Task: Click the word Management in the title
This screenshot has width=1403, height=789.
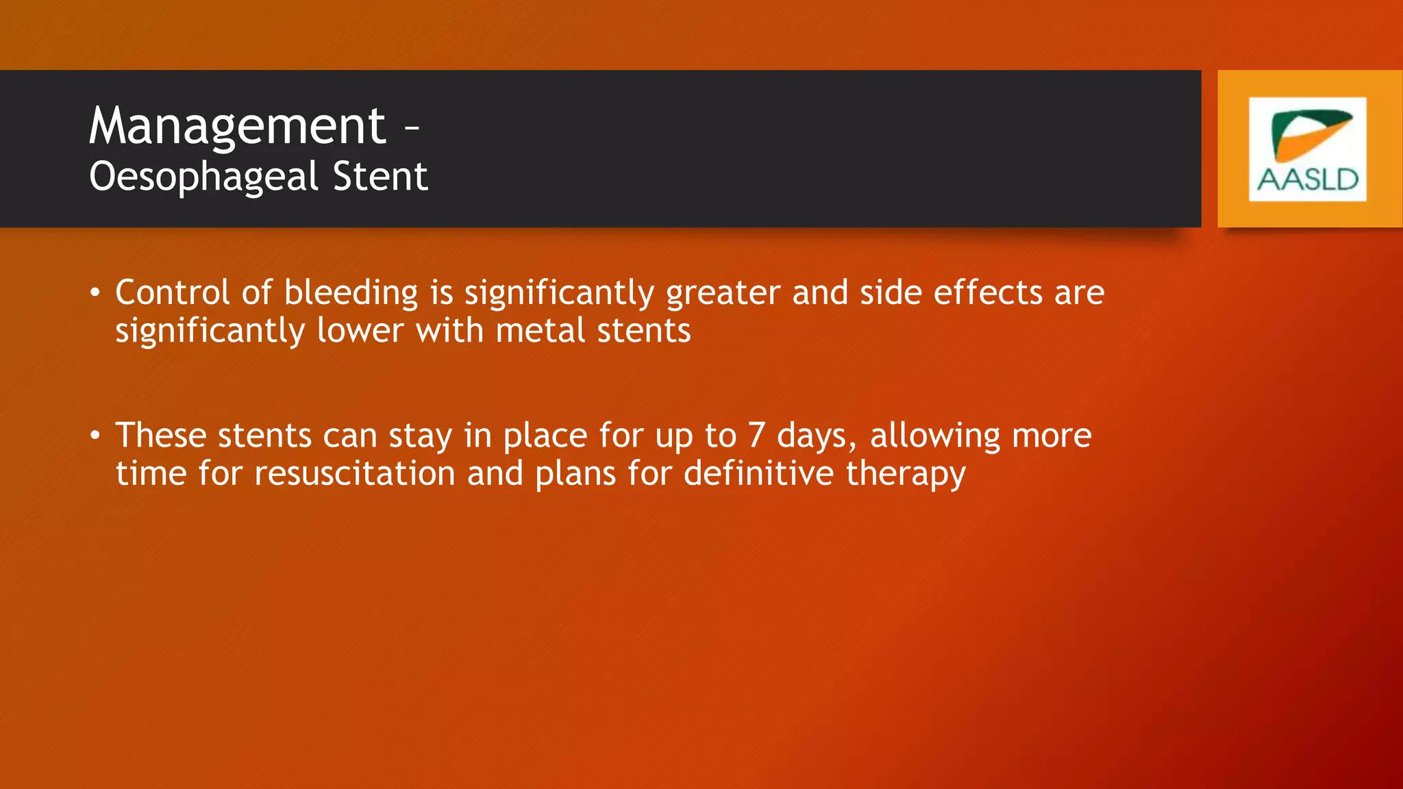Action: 237,126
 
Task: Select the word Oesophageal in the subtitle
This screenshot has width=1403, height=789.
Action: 204,177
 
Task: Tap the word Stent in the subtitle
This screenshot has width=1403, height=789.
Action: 380,177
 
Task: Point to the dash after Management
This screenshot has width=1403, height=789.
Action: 411,127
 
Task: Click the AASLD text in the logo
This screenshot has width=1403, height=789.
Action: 1307,179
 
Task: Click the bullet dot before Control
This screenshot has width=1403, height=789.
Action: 95,293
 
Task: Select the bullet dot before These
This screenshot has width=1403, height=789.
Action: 95,436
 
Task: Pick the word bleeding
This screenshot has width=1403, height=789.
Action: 351,293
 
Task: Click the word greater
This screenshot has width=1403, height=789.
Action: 723,293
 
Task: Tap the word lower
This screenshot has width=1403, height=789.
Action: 360,331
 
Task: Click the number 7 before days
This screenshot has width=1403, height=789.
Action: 756,436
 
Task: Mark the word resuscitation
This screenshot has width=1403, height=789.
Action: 354,473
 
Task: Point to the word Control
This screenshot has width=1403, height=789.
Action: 172,293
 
